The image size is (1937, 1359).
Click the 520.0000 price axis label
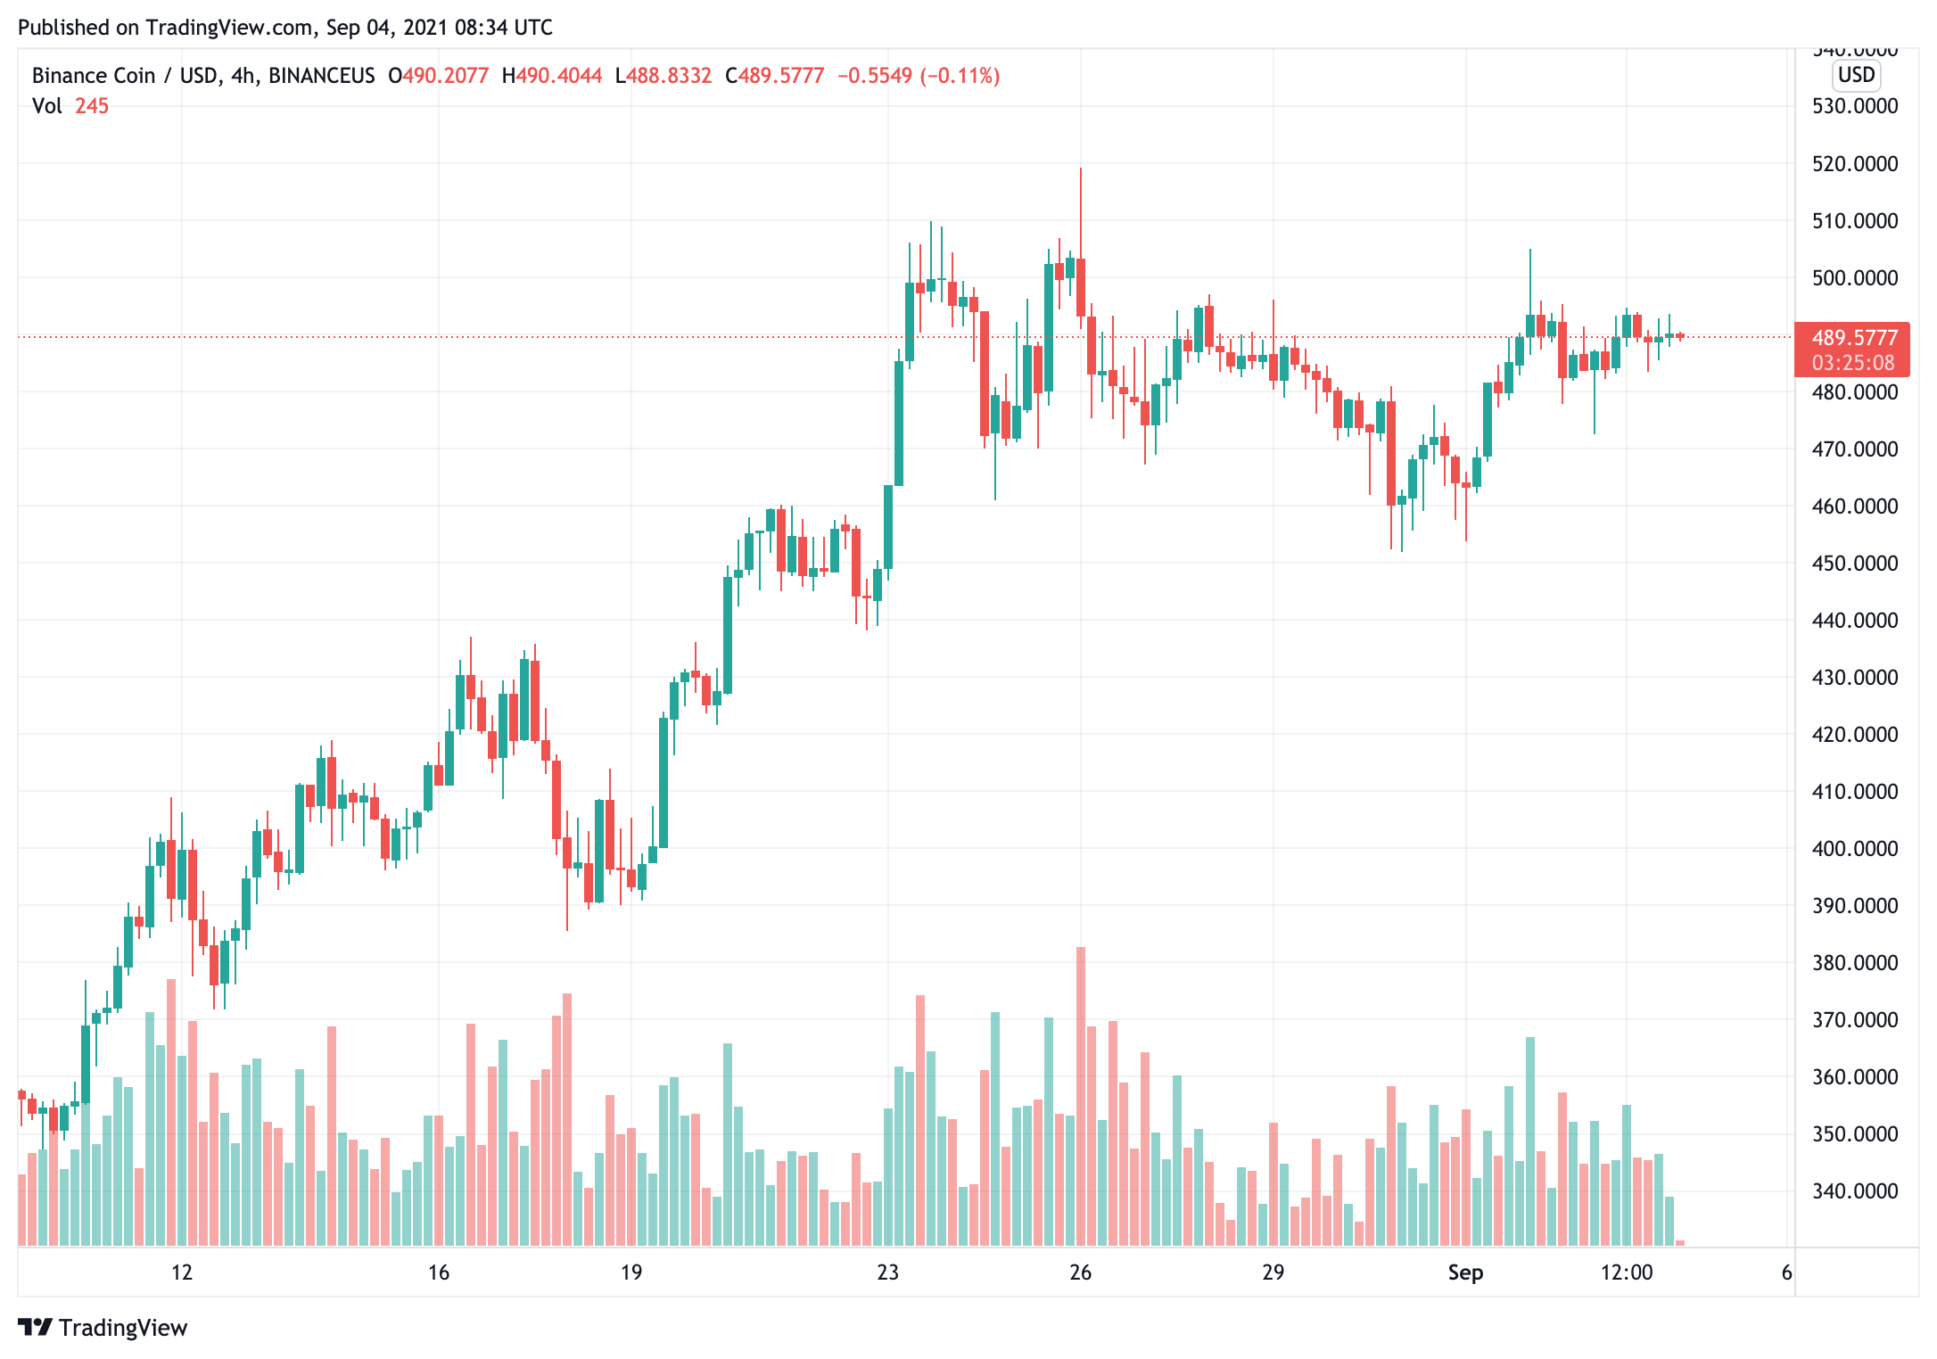[x=1855, y=164]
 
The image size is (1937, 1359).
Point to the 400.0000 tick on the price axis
[x=1855, y=849]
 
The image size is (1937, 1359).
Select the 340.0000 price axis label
[x=1855, y=1191]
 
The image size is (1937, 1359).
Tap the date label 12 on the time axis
[x=182, y=1273]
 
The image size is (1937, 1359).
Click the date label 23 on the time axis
[x=887, y=1273]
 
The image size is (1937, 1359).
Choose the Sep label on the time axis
[x=1465, y=1273]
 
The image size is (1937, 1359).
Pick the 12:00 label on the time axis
[x=1626, y=1273]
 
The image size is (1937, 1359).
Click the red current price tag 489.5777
[x=1854, y=338]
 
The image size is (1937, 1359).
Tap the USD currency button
[x=1856, y=75]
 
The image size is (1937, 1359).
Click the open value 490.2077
[x=445, y=76]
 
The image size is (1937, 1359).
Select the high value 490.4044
[x=559, y=76]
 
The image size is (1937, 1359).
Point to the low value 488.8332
[x=669, y=76]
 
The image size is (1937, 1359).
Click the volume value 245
[x=92, y=106]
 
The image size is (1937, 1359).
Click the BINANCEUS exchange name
[x=321, y=76]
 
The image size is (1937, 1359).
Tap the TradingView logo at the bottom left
[x=103, y=1328]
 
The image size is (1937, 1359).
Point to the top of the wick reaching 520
[x=1081, y=169]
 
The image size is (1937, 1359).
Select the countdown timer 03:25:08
[x=1853, y=363]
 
